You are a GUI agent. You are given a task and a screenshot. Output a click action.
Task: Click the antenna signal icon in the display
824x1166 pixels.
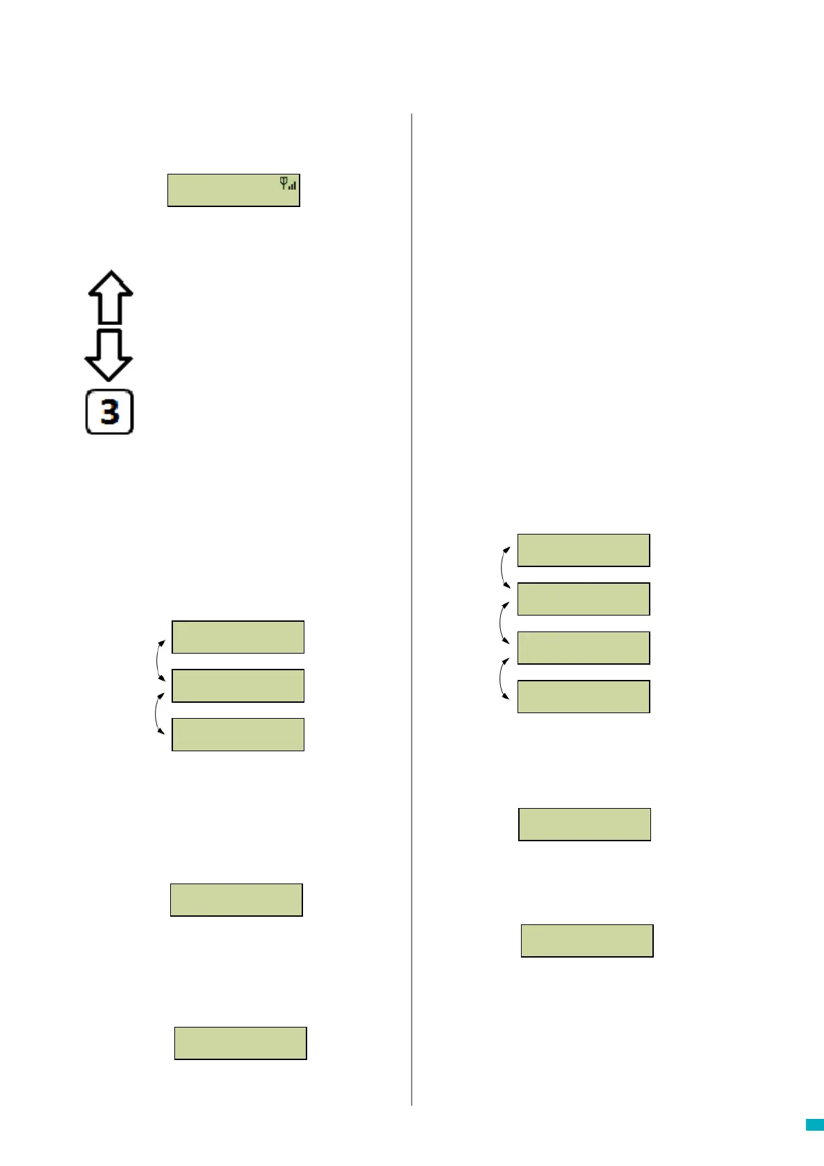coord(288,183)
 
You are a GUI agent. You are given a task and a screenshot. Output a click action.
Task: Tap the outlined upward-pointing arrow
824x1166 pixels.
coord(111,297)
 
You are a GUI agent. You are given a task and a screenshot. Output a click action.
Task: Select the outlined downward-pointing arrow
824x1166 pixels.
coord(109,355)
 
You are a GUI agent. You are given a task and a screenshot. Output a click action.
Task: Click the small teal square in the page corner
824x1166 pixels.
coord(814,1125)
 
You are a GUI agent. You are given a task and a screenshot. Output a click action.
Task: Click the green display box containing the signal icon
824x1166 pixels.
coord(233,190)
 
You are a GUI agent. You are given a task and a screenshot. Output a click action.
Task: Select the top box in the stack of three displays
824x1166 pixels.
coord(237,637)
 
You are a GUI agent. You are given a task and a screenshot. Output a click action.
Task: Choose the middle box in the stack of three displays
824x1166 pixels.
coord(237,685)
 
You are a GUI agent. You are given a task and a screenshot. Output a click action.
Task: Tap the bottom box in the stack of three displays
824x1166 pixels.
coord(237,735)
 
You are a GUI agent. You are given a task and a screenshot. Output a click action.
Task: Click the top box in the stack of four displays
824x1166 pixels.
coord(583,550)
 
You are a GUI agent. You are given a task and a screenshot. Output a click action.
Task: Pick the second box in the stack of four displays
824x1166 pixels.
coord(583,599)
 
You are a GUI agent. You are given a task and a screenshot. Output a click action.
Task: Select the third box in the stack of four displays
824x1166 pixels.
coord(583,648)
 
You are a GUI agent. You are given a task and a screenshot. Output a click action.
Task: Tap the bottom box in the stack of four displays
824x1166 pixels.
coord(583,697)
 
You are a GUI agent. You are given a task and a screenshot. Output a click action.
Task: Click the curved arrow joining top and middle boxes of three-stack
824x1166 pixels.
coord(159,661)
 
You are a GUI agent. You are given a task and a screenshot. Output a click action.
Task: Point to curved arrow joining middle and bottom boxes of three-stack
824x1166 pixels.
coord(158,712)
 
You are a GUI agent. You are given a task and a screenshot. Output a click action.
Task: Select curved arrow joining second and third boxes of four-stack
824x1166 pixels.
coord(503,622)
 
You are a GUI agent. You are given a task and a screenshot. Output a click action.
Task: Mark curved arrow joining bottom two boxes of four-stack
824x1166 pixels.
coord(503,679)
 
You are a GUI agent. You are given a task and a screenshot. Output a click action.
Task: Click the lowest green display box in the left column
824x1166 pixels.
coord(240,1043)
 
